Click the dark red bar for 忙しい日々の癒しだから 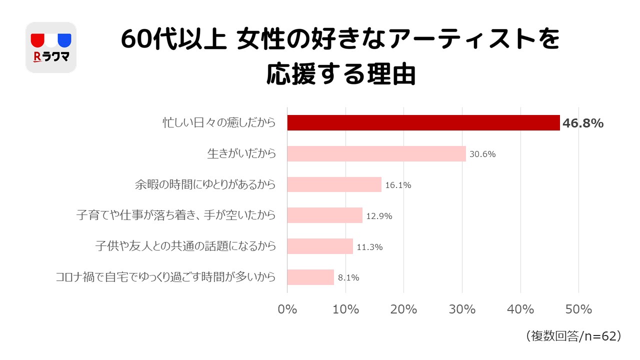pyautogui.click(x=423, y=123)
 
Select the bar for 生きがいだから pyautogui.click(x=376, y=154)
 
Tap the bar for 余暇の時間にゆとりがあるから pyautogui.click(x=334, y=185)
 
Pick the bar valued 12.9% pyautogui.click(x=324, y=215)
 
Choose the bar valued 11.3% pyautogui.click(x=320, y=246)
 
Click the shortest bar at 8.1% pyautogui.click(x=310, y=277)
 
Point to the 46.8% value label pyautogui.click(x=583, y=123)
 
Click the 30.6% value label pyautogui.click(x=482, y=154)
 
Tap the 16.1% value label pyautogui.click(x=398, y=185)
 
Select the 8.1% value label pyautogui.click(x=348, y=278)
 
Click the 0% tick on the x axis pyautogui.click(x=287, y=309)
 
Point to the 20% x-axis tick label pyautogui.click(x=403, y=309)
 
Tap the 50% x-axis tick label pyautogui.click(x=578, y=309)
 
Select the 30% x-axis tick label pyautogui.click(x=462, y=309)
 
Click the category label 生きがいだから pyautogui.click(x=241, y=154)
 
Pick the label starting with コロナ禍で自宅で pyautogui.click(x=165, y=277)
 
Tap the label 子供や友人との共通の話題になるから pyautogui.click(x=185, y=246)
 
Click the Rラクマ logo pyautogui.click(x=50, y=47)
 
